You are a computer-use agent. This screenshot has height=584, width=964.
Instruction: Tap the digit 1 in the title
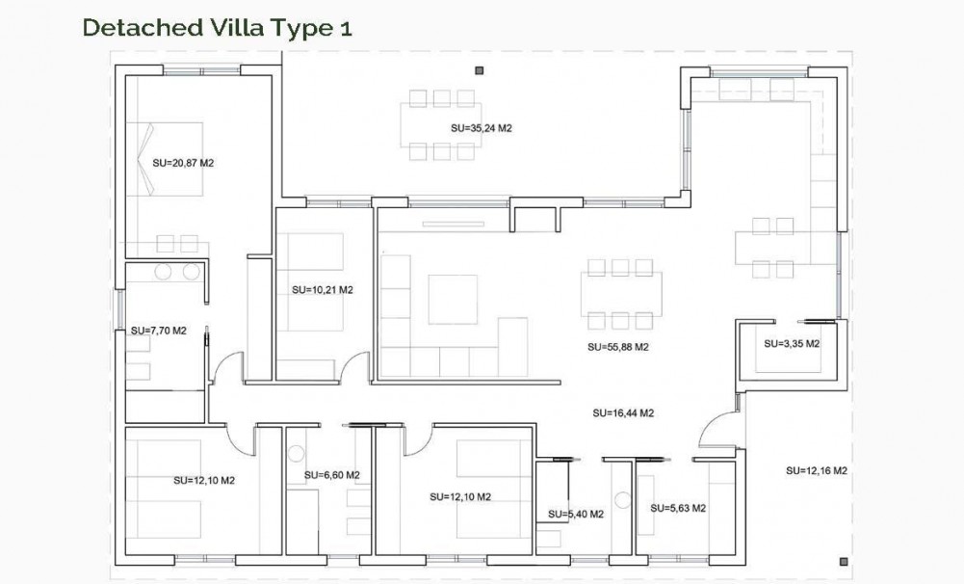(345, 28)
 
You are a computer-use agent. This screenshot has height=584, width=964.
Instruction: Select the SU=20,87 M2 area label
(183, 163)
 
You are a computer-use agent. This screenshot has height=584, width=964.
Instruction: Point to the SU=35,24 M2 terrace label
(481, 127)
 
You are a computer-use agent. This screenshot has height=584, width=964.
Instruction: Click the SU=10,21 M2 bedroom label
(322, 289)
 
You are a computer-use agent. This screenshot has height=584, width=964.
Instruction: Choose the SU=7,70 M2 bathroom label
(158, 331)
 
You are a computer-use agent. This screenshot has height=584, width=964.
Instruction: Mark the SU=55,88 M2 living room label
(617, 347)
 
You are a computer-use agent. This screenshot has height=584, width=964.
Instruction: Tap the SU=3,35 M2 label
(792, 343)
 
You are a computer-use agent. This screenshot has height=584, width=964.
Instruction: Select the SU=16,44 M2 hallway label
(623, 412)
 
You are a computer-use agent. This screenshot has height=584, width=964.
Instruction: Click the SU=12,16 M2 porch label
(816, 470)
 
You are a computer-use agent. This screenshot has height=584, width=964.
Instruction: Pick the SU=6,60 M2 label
(331, 475)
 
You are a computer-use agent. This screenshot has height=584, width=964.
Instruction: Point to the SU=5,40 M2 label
(575, 515)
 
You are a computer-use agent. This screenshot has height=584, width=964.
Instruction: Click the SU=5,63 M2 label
(678, 508)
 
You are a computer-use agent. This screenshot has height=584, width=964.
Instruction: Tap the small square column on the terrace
(479, 69)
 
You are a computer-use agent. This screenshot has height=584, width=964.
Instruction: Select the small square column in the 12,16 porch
(844, 561)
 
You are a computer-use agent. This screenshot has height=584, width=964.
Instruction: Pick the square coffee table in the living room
(453, 299)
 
